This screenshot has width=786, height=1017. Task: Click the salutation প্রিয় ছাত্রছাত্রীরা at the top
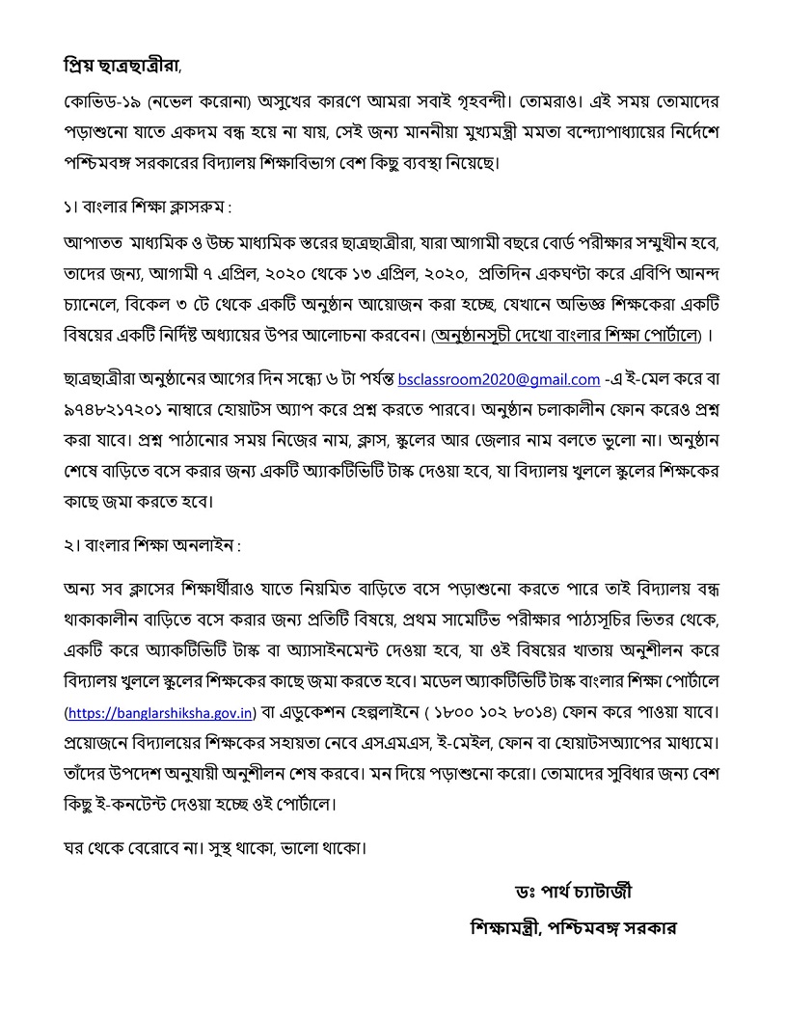click(117, 67)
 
